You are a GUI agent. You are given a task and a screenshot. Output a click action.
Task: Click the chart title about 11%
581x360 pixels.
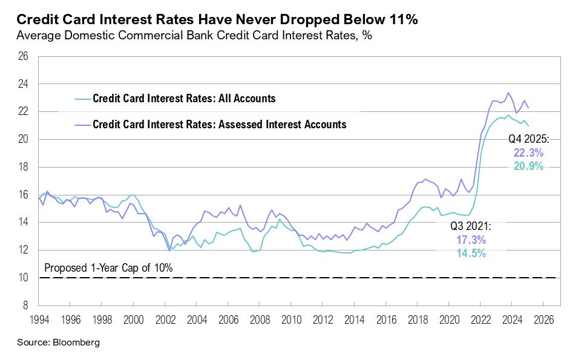pyautogui.click(x=217, y=19)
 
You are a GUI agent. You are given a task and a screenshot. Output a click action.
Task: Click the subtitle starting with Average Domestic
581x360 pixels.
pyautogui.click(x=194, y=36)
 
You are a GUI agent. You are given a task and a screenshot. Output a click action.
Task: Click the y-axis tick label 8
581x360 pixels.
pyautogui.click(x=26, y=306)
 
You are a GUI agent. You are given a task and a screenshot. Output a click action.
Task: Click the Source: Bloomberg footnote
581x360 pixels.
pyautogui.click(x=58, y=342)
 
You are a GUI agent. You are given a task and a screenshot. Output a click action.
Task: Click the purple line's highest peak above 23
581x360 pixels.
pyautogui.click(x=508, y=93)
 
